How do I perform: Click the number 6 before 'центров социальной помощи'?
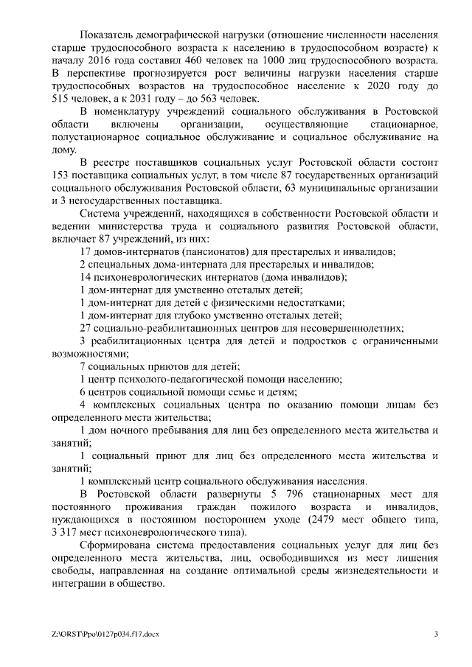83,392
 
